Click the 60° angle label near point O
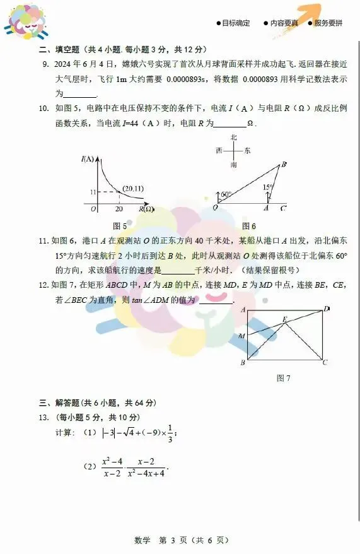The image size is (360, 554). click(226, 194)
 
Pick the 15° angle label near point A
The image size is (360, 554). click(268, 187)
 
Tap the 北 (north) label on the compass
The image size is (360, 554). click(233, 137)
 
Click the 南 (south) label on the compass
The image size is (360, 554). click(233, 164)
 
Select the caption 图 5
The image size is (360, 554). click(119, 226)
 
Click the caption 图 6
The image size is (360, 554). click(249, 226)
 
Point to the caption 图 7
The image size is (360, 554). click(283, 378)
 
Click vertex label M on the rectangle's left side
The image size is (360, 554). click(241, 336)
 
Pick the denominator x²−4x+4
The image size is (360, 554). click(146, 473)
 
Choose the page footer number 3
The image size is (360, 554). click(162, 540)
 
